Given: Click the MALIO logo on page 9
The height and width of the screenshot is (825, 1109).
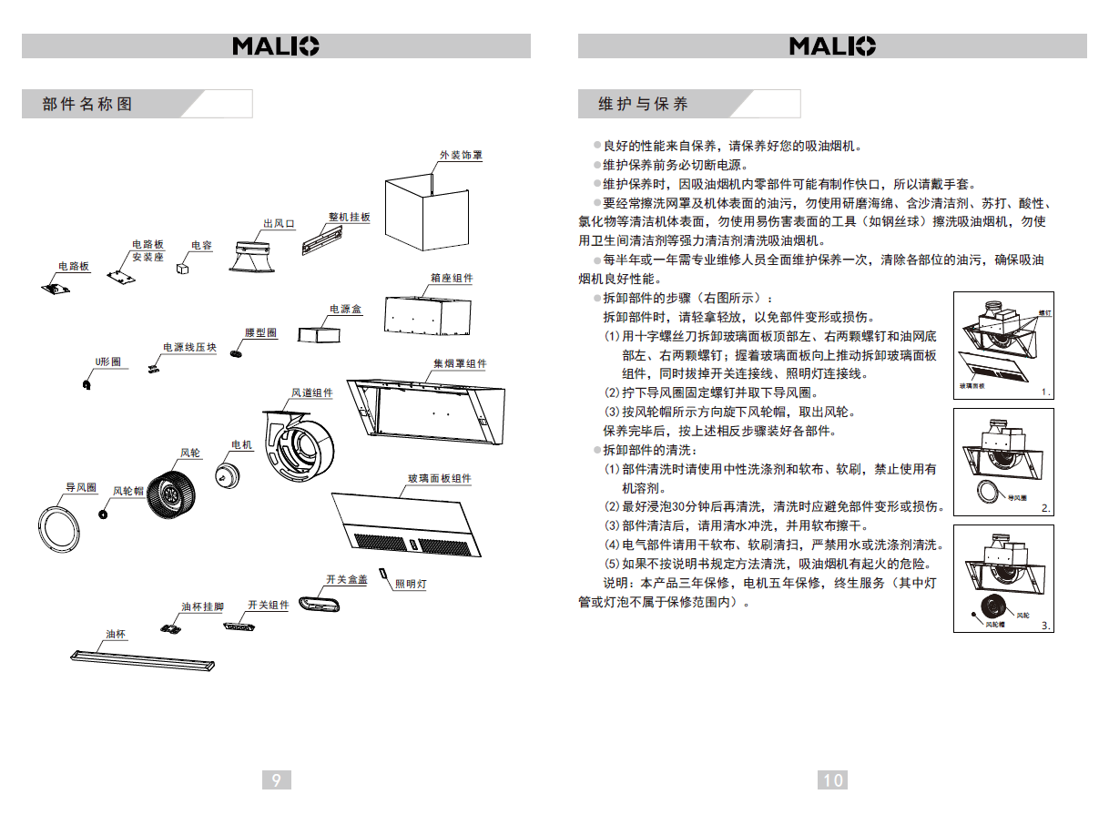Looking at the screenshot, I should (x=276, y=46).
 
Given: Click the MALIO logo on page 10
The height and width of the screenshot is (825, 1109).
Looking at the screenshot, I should (x=832, y=46).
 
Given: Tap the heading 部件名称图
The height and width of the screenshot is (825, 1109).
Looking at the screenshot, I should (x=87, y=104).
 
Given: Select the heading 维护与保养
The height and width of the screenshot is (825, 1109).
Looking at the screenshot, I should (x=643, y=104).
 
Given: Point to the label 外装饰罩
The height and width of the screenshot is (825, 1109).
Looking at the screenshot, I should (x=461, y=156).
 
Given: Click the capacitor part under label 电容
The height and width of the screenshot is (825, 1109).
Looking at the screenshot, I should (x=182, y=269).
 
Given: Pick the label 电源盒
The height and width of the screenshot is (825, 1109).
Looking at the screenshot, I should (x=345, y=310).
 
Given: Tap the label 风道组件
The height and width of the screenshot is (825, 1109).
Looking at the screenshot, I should (x=311, y=393).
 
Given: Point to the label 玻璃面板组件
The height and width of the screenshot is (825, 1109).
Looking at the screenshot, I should (x=439, y=479).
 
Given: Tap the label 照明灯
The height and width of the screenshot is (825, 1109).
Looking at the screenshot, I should (x=411, y=584).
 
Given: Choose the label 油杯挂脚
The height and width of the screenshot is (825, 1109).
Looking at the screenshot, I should (x=202, y=607).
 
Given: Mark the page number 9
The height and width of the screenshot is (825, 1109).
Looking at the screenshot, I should (x=276, y=779).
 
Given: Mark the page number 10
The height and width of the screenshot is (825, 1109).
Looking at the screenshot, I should (x=833, y=779).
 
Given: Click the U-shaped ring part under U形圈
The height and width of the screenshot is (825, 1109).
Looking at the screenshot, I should (x=87, y=385).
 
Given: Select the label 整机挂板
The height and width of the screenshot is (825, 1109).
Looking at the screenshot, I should (x=350, y=218).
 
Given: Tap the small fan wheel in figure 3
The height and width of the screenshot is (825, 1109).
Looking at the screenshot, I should (x=993, y=606).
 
